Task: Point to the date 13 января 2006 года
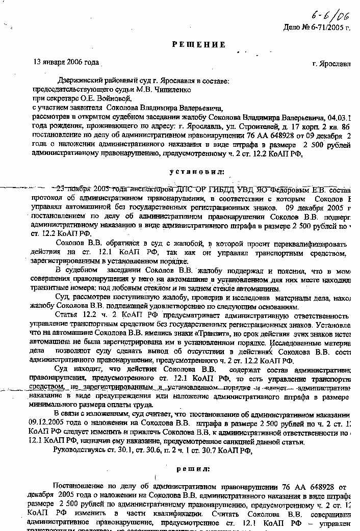pos(66,62)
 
